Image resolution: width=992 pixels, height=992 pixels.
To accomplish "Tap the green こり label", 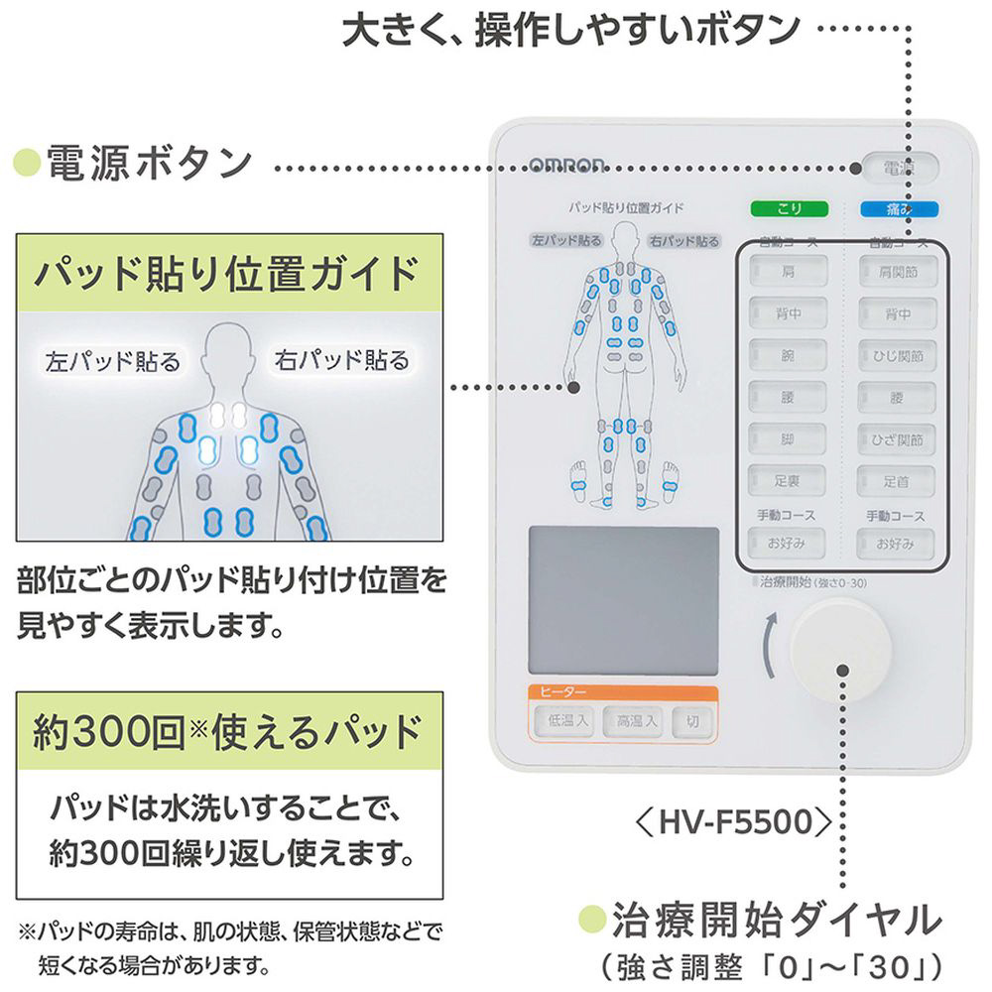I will click(788, 209).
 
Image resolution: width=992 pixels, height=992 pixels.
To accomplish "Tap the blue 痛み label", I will click(899, 209).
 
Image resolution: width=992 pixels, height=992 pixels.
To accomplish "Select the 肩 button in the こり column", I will click(788, 268).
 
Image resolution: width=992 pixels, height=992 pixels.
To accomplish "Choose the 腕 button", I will click(788, 354).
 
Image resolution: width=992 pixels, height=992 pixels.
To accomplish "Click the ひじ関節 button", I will click(899, 354).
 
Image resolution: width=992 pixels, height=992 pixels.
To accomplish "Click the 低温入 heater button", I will click(562, 721).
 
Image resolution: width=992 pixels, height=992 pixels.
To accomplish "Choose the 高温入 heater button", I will click(636, 721).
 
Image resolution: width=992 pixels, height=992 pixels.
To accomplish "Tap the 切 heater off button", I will click(692, 721).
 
